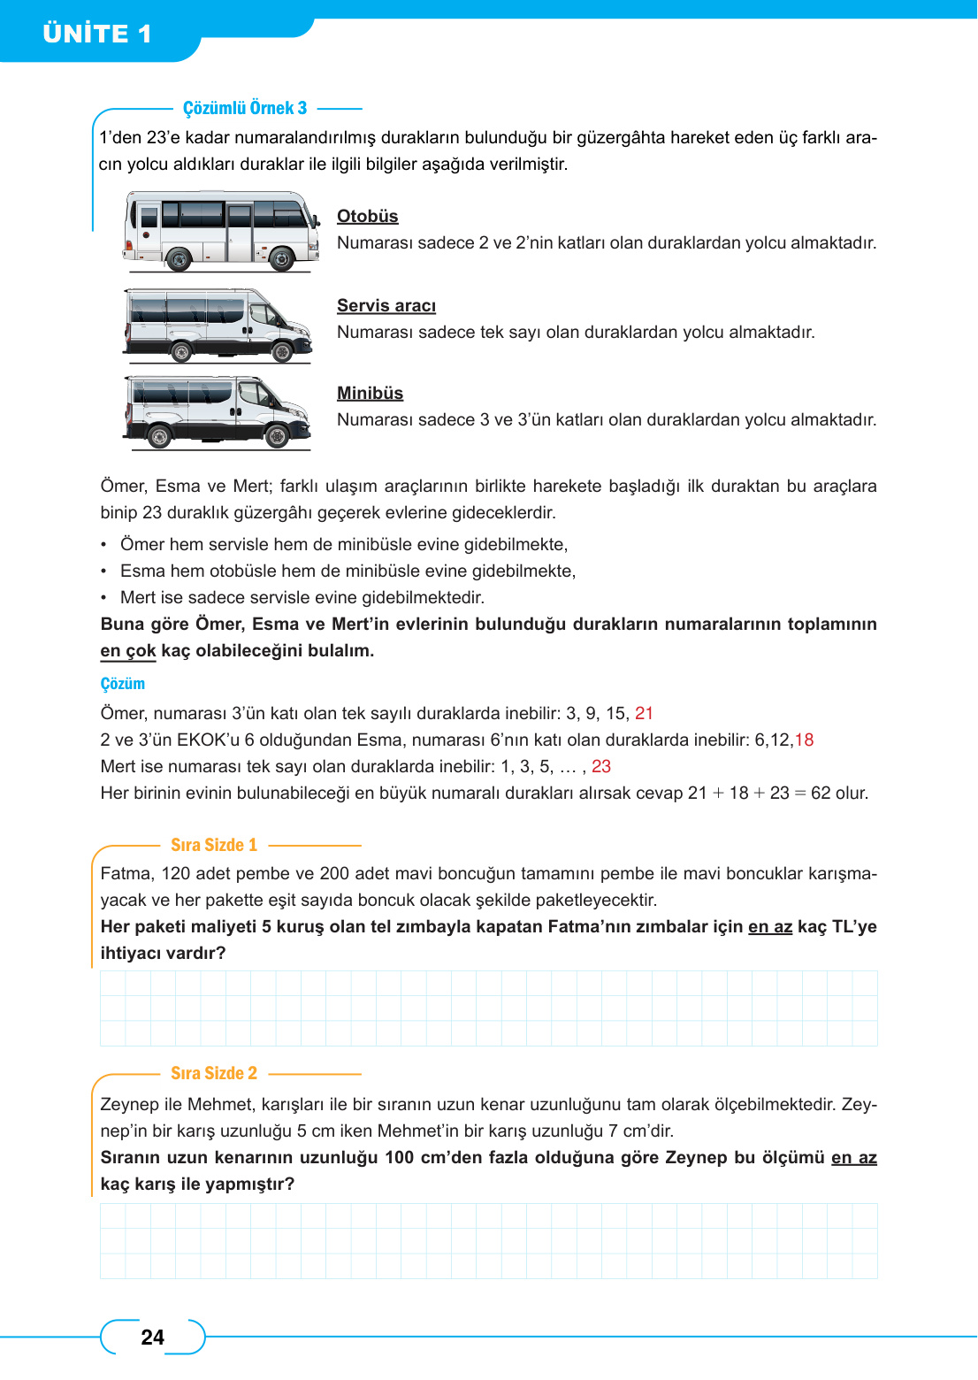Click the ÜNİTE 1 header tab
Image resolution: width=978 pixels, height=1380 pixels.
(x=97, y=34)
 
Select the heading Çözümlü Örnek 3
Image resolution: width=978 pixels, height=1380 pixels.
(x=245, y=108)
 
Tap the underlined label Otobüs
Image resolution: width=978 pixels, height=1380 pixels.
(x=367, y=217)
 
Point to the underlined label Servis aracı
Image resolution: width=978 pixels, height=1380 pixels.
(x=386, y=306)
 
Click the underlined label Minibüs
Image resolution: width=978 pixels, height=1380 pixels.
(x=370, y=394)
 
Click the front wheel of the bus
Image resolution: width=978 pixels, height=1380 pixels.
(x=281, y=259)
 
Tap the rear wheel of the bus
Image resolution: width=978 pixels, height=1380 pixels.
(x=178, y=259)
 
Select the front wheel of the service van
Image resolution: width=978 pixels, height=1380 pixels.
(x=282, y=351)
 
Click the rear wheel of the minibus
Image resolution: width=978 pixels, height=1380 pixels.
(x=159, y=436)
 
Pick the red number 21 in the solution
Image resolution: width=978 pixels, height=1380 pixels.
(x=644, y=714)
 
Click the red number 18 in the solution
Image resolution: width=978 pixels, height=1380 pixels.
(x=804, y=740)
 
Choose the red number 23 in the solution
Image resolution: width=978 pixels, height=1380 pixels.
(x=601, y=767)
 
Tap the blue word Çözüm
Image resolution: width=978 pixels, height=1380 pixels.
(x=122, y=684)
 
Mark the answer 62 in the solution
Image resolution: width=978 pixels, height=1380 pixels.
(x=821, y=793)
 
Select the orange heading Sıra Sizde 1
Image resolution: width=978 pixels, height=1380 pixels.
(x=214, y=845)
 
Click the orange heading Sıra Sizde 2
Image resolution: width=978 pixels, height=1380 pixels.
(x=214, y=1073)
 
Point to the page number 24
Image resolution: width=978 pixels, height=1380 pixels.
(x=152, y=1338)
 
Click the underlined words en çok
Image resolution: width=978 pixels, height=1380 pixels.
(x=128, y=651)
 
